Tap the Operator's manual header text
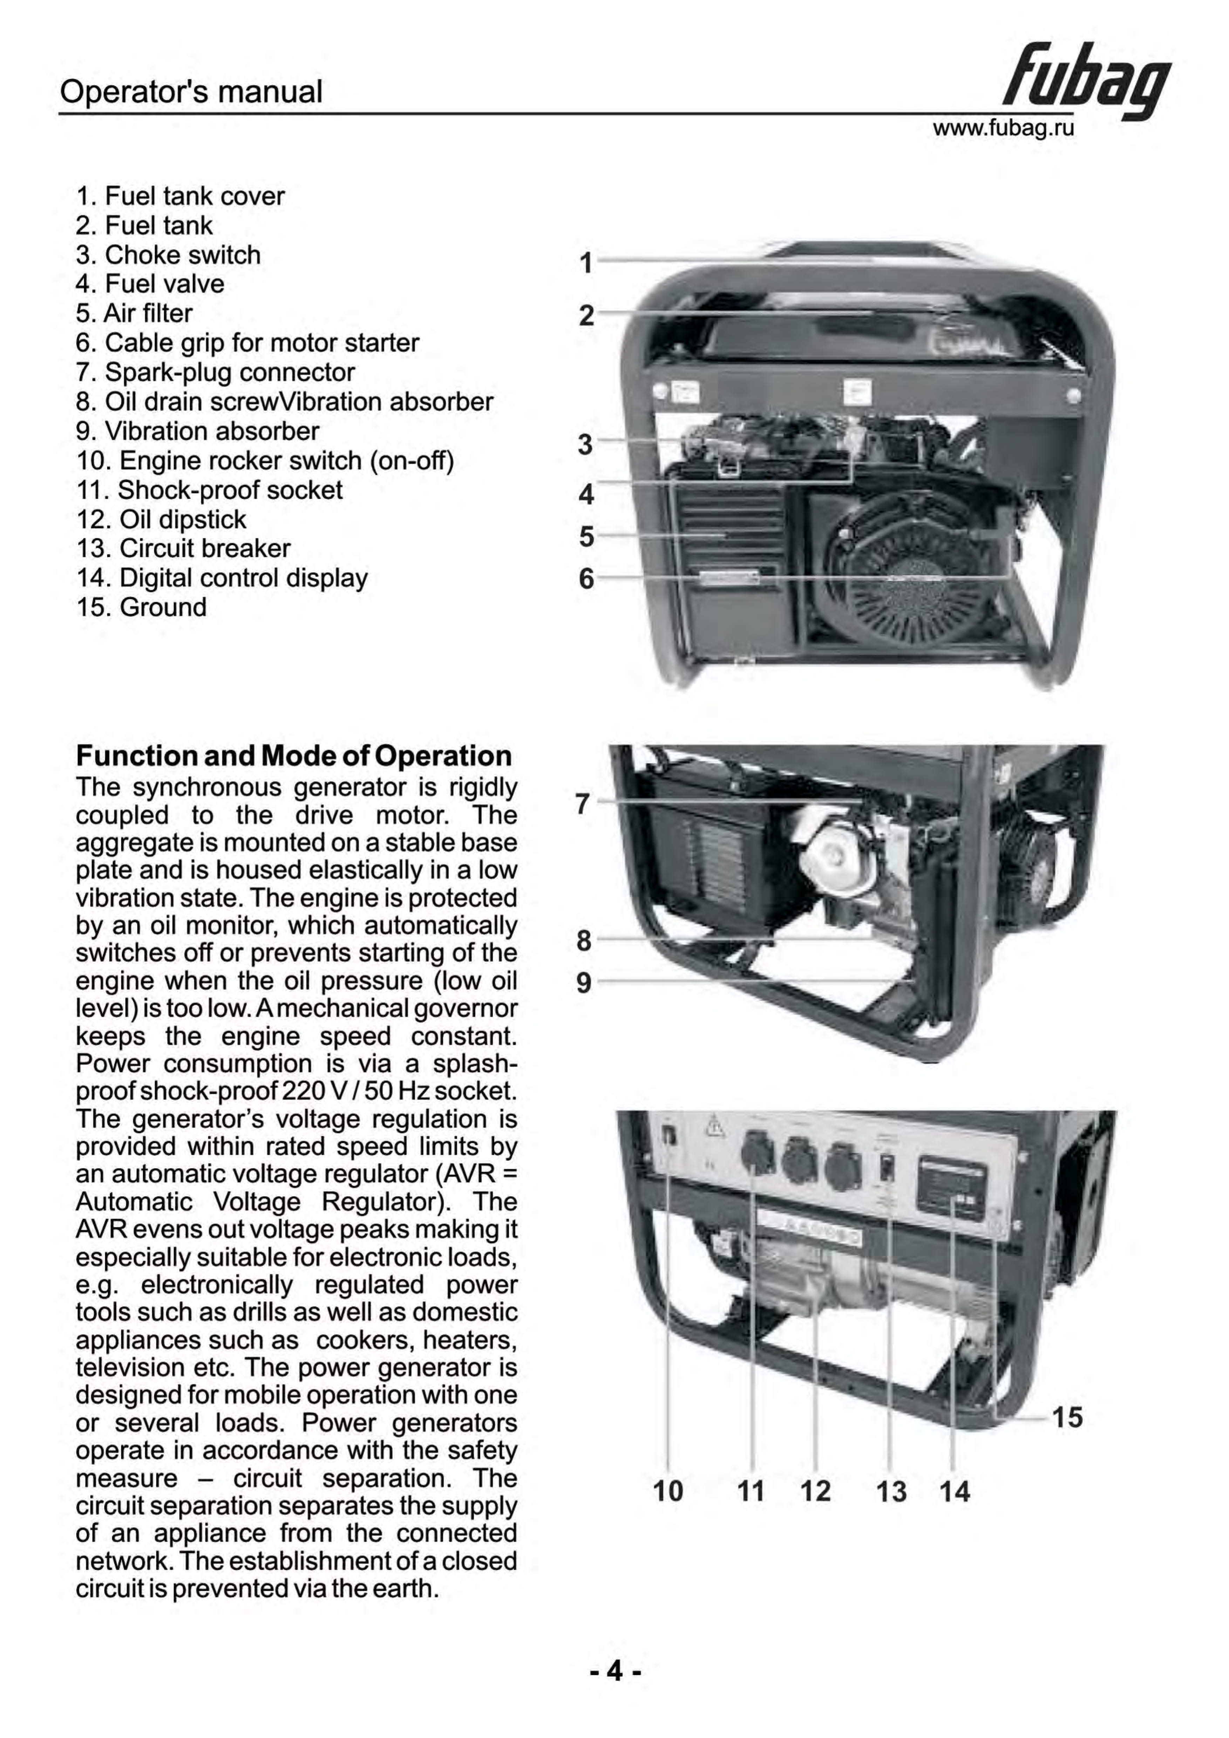point(191,91)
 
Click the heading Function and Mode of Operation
point(294,755)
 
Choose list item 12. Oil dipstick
point(161,519)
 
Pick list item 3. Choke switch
point(168,255)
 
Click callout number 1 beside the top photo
point(585,264)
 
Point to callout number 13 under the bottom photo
point(891,1492)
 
